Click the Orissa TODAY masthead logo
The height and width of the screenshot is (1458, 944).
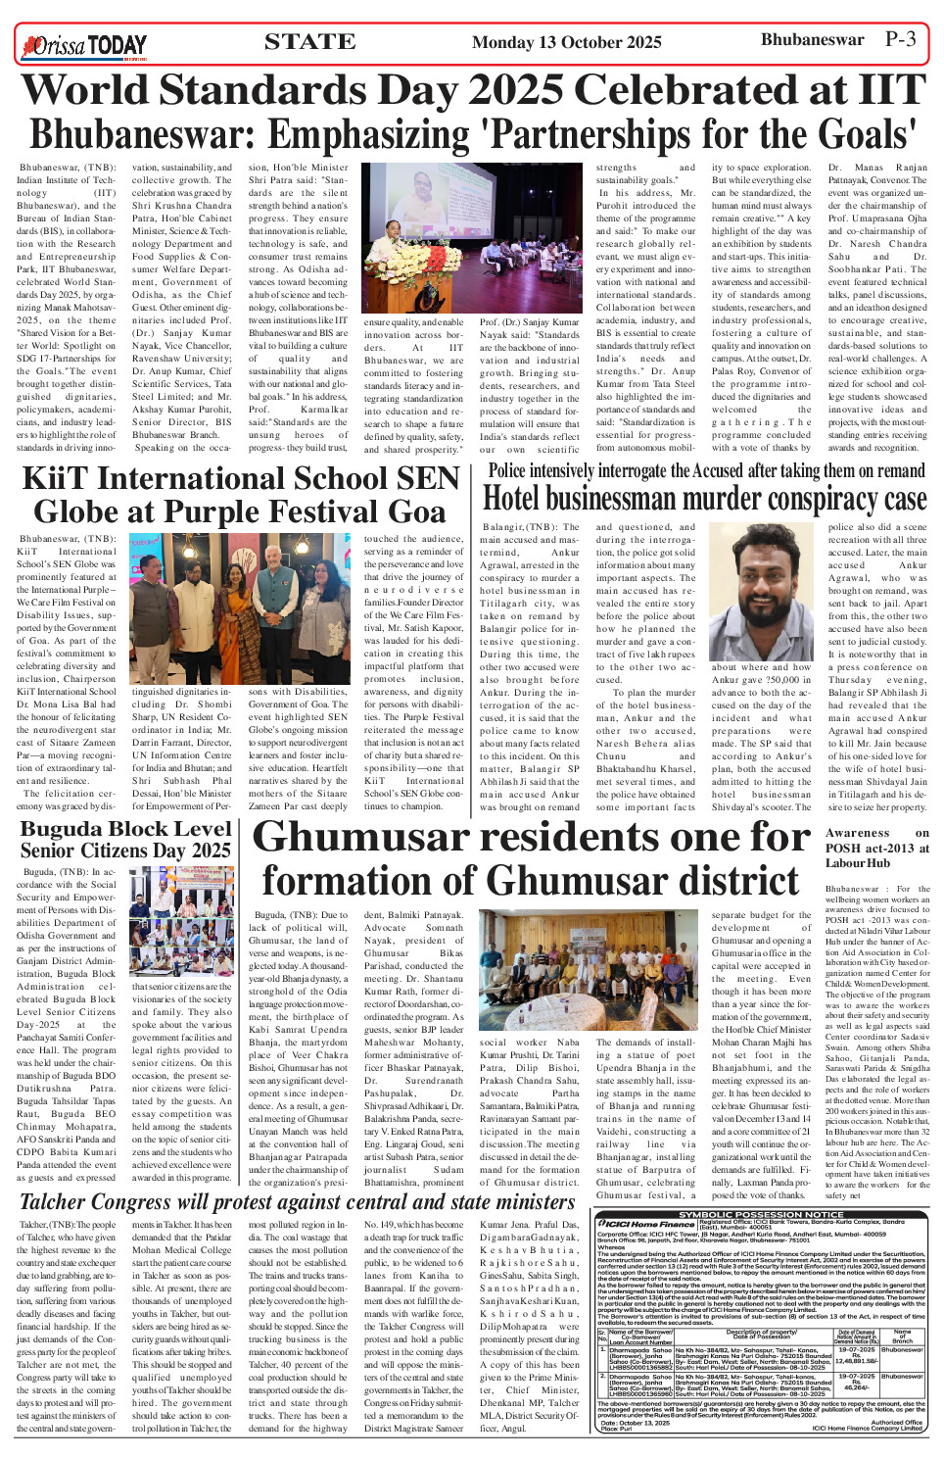pos(85,44)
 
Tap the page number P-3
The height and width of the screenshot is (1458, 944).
pos(900,39)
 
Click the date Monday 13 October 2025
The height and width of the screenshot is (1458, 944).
pos(566,42)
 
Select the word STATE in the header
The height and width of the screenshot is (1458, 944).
pos(309,41)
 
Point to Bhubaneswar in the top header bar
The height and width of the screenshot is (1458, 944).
pos(812,40)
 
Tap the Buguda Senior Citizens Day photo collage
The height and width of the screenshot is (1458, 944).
pos(183,922)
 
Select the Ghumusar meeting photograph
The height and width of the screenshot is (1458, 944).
pos(535,970)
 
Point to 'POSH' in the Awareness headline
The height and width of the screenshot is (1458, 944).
pos(843,848)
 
